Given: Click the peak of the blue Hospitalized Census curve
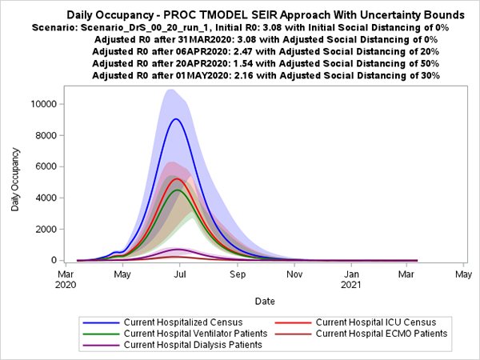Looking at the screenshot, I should (x=175, y=119).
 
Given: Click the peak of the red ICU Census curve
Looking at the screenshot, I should (x=177, y=179).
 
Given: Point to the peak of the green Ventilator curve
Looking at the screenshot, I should (x=178, y=190).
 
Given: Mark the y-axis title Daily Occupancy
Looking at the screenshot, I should (x=15, y=182).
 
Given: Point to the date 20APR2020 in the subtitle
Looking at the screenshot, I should (x=194, y=62).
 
